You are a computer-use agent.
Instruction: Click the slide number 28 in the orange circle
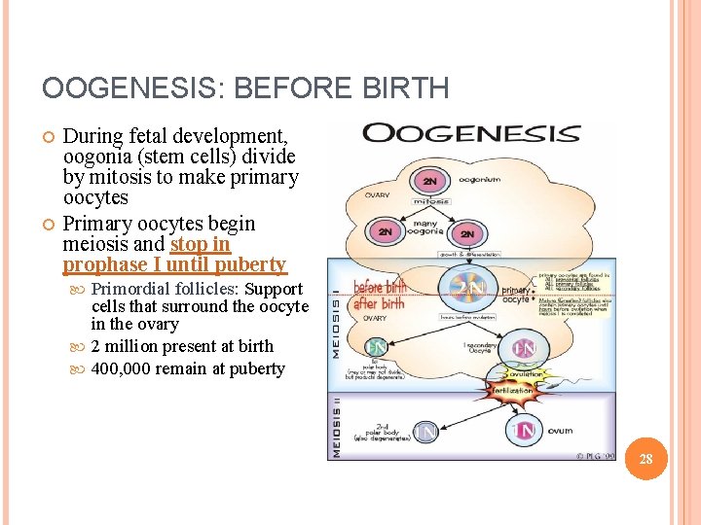(646, 458)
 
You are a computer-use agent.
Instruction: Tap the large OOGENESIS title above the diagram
(471, 133)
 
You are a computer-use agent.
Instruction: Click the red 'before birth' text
(381, 287)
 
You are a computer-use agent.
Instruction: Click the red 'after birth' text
(379, 303)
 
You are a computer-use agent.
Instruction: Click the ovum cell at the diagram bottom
(526, 429)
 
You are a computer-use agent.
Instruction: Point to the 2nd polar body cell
(425, 430)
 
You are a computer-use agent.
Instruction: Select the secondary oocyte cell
(524, 347)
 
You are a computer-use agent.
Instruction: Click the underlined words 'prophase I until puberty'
(175, 264)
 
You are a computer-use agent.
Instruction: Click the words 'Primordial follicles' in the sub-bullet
(165, 289)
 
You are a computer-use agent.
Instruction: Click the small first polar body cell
(376, 346)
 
